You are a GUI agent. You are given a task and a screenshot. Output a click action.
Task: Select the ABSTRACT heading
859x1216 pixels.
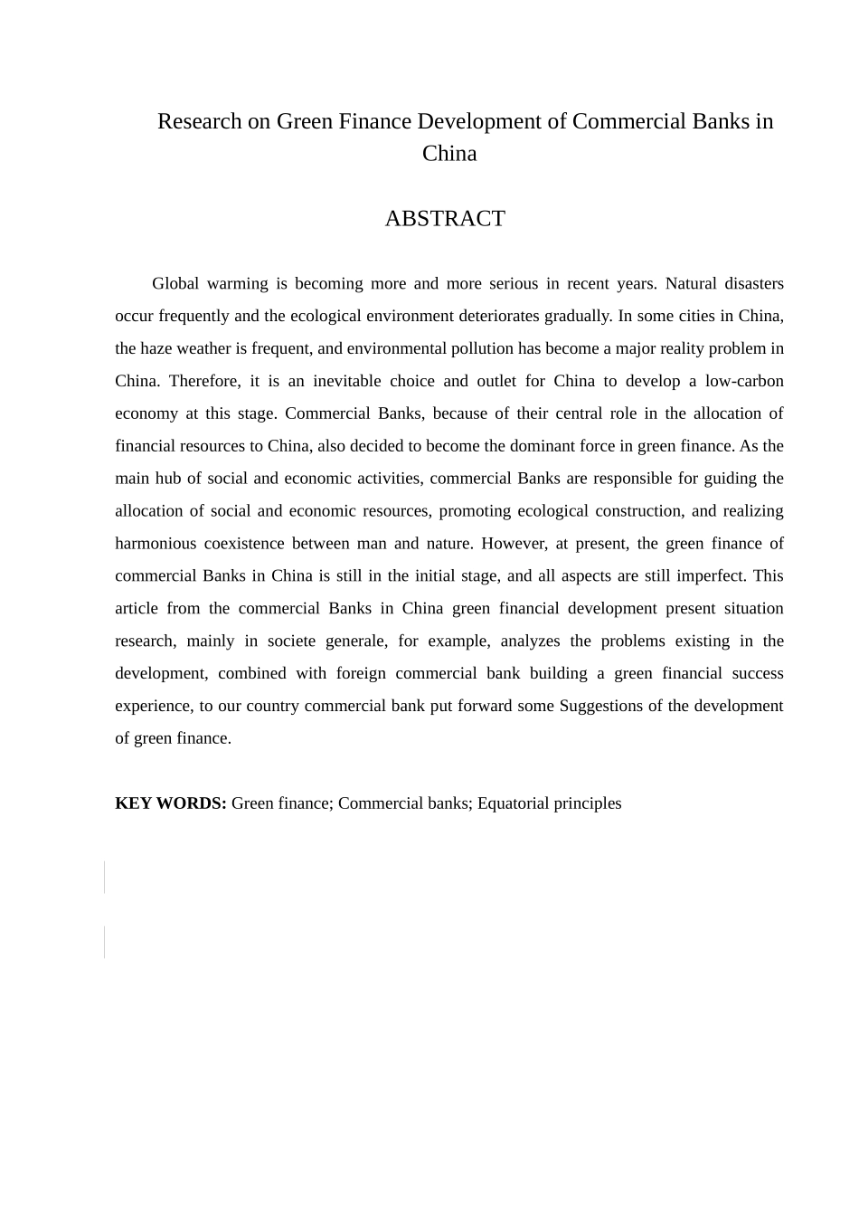point(445,219)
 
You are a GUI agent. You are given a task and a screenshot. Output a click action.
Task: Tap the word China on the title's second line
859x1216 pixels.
point(449,154)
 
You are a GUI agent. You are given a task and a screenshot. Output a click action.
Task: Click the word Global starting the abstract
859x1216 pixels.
point(175,284)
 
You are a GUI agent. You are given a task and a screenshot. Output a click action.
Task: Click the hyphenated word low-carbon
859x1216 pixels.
point(744,382)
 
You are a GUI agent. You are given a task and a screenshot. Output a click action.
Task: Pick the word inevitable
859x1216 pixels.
point(346,382)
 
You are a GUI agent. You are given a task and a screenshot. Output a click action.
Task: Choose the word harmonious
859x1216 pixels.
point(156,544)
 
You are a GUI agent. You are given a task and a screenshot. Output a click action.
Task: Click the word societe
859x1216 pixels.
point(291,641)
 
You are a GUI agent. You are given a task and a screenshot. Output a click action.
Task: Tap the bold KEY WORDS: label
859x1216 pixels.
point(170,803)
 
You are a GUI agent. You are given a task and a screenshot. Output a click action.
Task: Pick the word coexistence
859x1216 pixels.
point(244,544)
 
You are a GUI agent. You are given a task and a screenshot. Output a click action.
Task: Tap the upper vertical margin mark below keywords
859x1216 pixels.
point(105,877)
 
